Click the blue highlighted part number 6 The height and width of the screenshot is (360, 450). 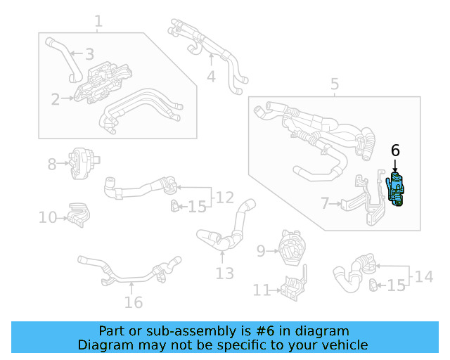[397, 191]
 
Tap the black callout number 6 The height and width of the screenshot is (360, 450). [395, 150]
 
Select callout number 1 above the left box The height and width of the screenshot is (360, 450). [98, 22]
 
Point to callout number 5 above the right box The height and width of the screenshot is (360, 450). [334, 85]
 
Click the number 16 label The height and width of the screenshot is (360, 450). [133, 302]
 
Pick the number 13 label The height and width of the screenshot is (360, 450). [224, 273]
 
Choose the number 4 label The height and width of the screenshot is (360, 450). [211, 76]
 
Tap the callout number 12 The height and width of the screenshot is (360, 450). [224, 197]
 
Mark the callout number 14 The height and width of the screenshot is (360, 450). [424, 276]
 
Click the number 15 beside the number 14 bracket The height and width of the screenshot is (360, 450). [397, 285]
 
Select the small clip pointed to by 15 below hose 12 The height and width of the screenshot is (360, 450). [173, 206]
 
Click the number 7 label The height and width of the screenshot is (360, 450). [324, 204]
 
